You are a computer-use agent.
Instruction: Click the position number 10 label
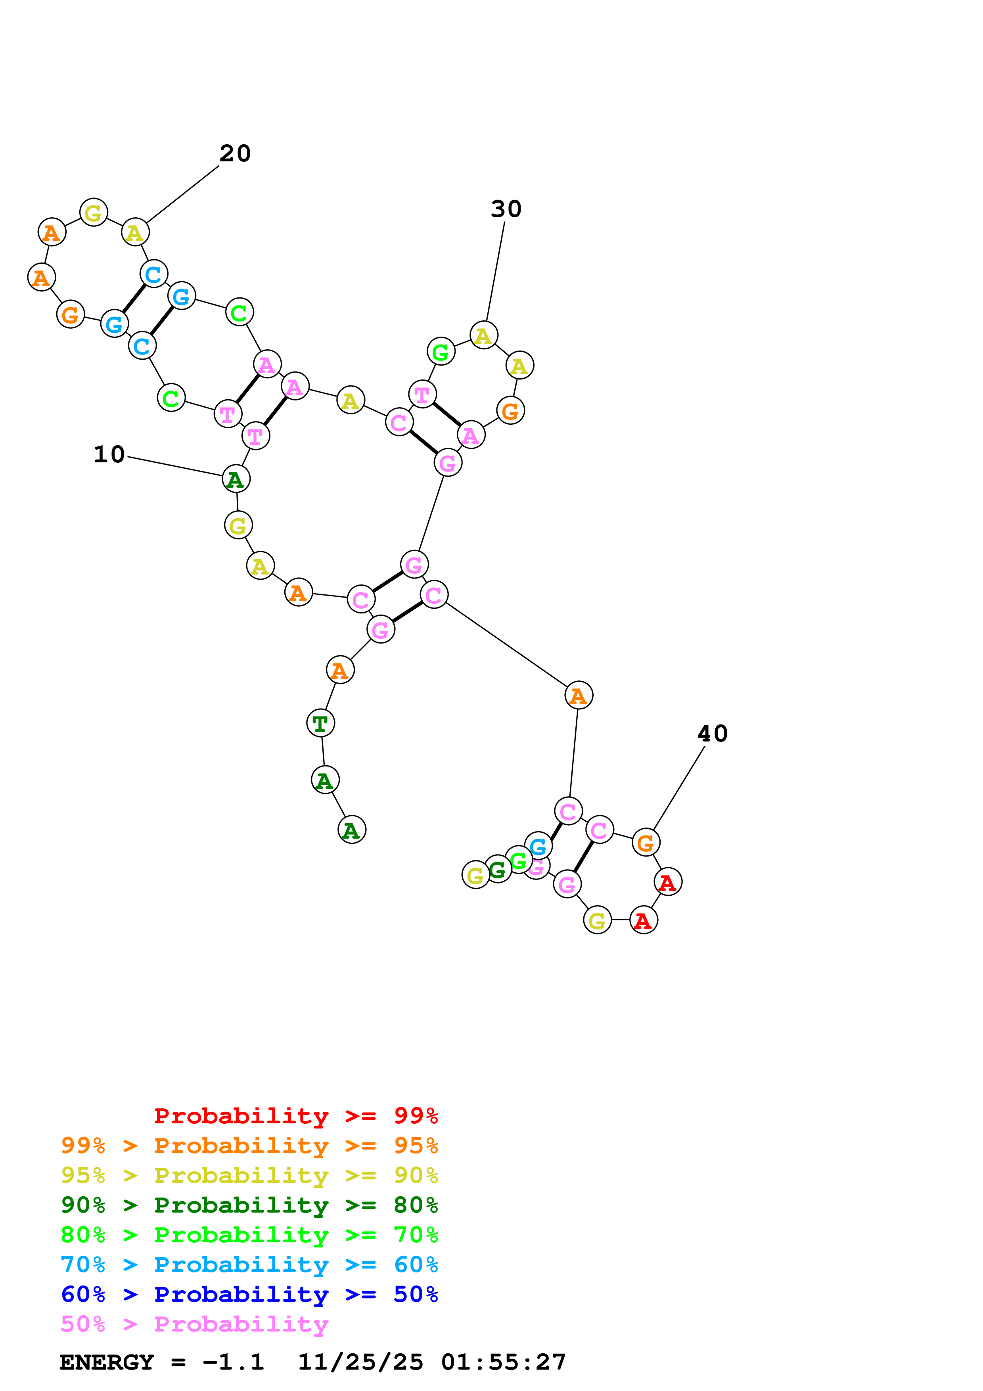pos(109,454)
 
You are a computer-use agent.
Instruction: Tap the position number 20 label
pos(235,153)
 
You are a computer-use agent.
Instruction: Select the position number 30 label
pos(506,209)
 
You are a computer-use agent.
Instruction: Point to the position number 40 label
pos(712,734)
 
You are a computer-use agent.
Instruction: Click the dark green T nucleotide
pos(320,723)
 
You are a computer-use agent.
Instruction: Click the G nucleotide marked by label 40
pos(646,842)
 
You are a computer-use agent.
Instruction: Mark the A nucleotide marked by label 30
pos(483,335)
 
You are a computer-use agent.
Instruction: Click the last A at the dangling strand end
pos(351,830)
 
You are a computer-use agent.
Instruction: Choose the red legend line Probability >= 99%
pos(296,1116)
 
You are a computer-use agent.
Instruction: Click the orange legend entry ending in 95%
pos(249,1146)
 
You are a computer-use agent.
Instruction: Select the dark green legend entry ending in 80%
pos(249,1205)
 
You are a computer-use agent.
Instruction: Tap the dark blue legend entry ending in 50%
pos(249,1294)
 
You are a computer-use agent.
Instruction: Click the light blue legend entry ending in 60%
pos(249,1265)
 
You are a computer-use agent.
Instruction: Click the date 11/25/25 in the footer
pos(360,1362)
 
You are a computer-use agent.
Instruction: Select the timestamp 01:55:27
pos(503,1362)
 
